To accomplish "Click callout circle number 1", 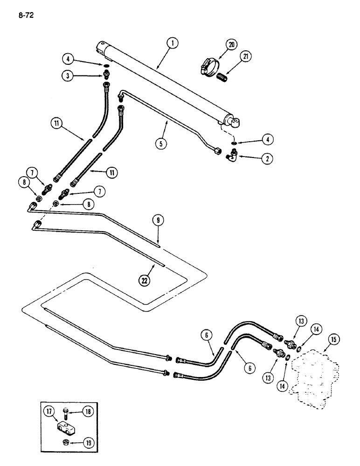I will coord(173,44).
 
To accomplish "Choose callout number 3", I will coord(69,75).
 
